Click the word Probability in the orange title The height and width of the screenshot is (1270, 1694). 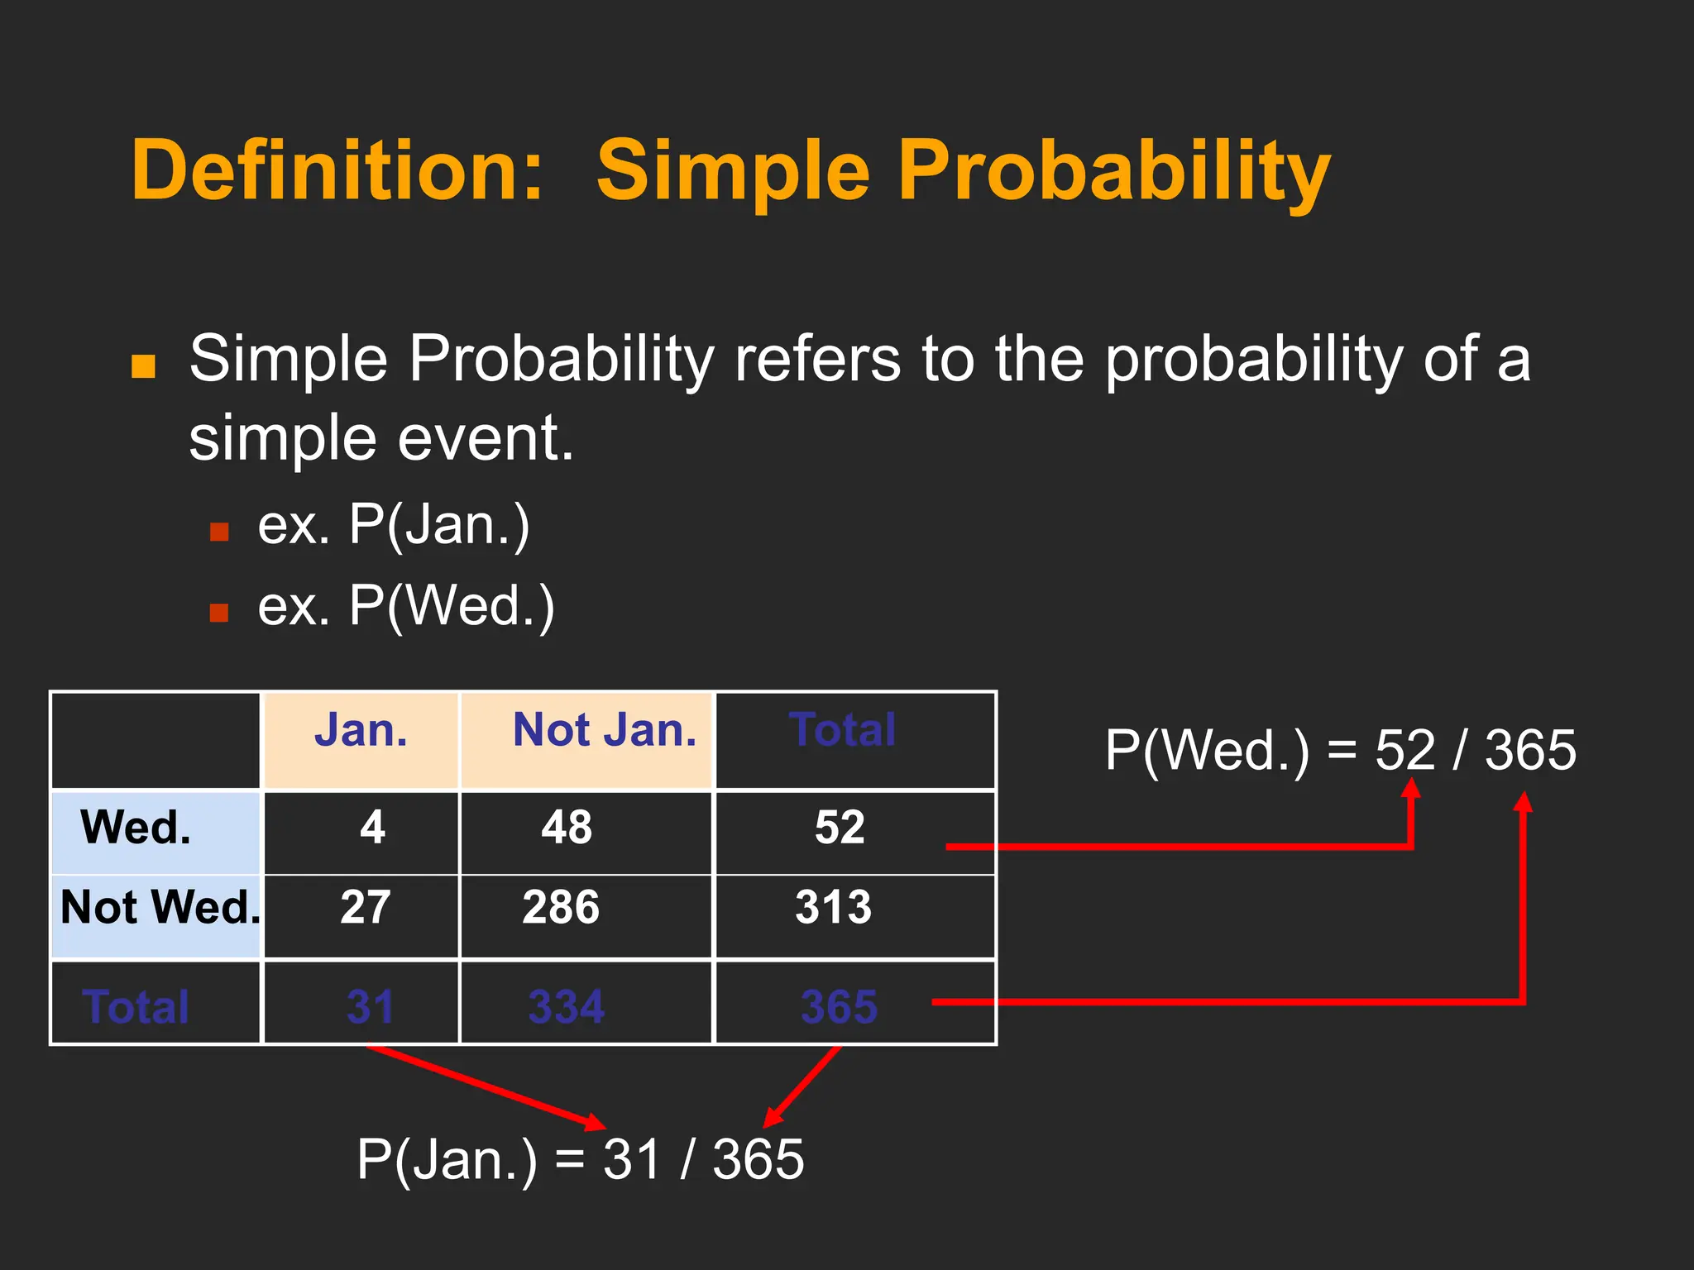pos(1113,171)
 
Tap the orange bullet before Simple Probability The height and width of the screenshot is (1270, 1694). pos(144,365)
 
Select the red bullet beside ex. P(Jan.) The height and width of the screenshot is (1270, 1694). pos(219,531)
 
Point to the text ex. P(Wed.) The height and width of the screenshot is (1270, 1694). pos(405,606)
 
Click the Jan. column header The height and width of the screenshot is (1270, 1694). pos(361,731)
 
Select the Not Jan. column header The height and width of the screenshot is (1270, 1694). pos(604,731)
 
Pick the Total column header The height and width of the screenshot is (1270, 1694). pos(842,731)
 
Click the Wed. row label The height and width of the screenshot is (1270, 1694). pos(136,828)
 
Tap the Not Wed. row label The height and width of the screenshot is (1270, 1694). pos(160,908)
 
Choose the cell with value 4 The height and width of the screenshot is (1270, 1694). pos(372,828)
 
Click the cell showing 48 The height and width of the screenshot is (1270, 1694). pos(567,828)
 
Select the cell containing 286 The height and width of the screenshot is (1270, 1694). pos(561,908)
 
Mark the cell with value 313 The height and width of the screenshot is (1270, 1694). pos(833,908)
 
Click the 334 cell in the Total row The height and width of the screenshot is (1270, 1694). pos(567,1007)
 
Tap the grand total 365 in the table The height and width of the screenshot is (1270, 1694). pos(838,1007)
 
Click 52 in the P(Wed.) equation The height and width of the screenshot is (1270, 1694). pos(1404,751)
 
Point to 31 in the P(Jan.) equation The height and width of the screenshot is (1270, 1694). pos(631,1159)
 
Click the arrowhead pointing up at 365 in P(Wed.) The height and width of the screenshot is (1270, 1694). pos(1523,800)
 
